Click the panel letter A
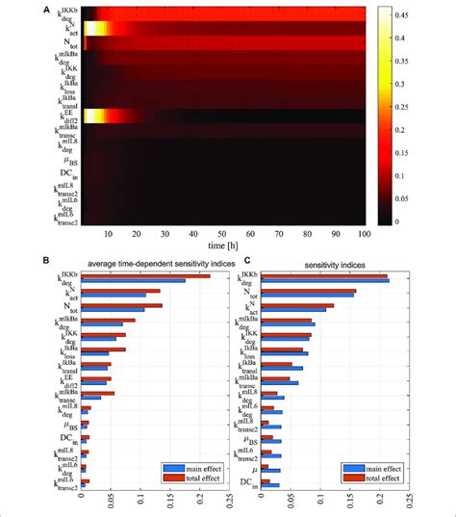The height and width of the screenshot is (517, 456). click(46, 8)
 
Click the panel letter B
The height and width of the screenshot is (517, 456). click(46, 260)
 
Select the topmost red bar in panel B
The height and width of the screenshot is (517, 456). click(145, 276)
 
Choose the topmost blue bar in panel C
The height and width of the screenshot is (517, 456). click(326, 281)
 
